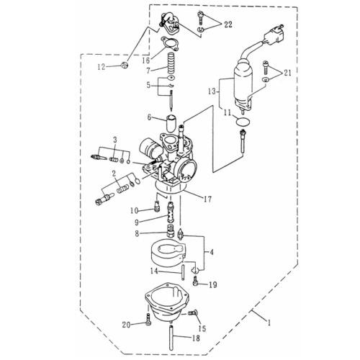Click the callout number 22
point(228,24)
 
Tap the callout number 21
point(287,73)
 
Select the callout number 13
point(212,91)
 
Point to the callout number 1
point(269,323)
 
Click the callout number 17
point(207,199)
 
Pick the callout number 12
point(102,67)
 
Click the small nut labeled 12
point(125,65)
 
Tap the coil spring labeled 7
point(170,64)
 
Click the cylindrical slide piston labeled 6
point(172,123)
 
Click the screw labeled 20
point(148,320)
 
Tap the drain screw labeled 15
point(192,313)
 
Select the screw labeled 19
point(196,281)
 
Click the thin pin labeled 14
point(183,271)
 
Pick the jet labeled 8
point(170,233)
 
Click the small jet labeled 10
point(157,207)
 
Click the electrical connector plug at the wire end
point(274,33)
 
